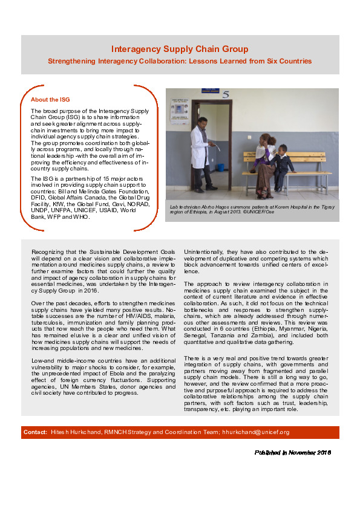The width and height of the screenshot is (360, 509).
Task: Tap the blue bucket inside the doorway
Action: [220, 166]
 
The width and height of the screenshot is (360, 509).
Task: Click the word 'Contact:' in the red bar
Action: [35, 432]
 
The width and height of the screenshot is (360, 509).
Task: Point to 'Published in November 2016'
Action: [292, 452]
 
